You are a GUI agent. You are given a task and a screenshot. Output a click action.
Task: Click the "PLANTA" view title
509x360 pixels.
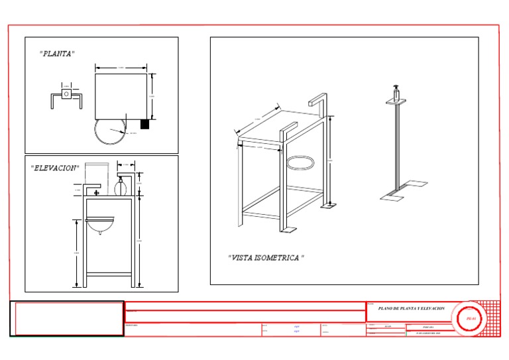[57, 54]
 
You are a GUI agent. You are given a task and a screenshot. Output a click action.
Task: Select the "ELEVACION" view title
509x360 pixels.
[54, 168]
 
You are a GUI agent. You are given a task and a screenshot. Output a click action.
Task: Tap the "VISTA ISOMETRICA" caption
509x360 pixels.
[266, 257]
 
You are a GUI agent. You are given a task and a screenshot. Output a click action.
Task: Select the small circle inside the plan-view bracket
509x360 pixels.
[66, 94]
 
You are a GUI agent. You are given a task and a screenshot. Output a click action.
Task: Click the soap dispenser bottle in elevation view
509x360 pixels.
[121, 186]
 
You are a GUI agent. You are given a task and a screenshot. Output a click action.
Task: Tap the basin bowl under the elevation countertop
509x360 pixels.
[99, 227]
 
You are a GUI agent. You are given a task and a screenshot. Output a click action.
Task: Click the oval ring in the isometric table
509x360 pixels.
[302, 162]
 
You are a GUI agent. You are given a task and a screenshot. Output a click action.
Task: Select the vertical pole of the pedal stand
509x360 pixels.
[396, 146]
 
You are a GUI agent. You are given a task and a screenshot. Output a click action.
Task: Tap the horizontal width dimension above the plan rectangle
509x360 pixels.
[121, 68]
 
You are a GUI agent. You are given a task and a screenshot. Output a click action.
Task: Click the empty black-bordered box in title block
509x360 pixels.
[67, 319]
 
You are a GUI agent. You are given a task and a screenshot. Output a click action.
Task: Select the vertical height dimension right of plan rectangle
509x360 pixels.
[154, 96]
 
